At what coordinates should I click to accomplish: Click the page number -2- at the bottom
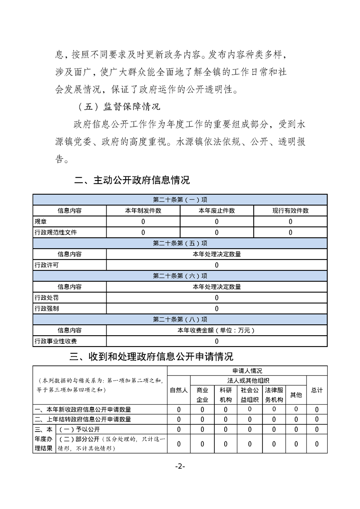[180, 467]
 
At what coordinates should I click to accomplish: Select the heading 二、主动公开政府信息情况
[132, 181]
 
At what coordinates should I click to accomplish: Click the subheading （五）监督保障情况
[119, 108]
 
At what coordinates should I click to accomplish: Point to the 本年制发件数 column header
[143, 210]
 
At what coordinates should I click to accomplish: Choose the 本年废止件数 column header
[217, 210]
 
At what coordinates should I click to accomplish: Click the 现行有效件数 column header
[290, 210]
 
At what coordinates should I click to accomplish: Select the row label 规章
[40, 221]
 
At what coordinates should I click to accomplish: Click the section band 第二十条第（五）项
[180, 243]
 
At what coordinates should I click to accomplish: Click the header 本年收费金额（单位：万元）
[217, 330]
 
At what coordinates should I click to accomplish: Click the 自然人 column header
[178, 390]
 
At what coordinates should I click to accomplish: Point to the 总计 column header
[316, 390]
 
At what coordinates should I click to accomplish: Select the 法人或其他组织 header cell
[248, 380]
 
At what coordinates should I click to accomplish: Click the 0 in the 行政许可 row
[217, 265]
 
